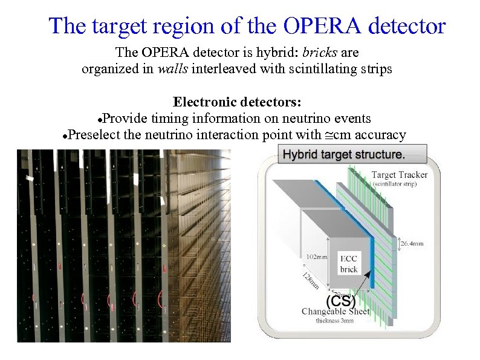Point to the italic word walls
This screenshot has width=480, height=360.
tap(172, 69)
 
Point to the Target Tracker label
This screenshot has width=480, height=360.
tap(399, 174)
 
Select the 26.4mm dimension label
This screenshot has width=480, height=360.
tap(414, 244)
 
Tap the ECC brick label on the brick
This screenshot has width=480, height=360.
tap(349, 263)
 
